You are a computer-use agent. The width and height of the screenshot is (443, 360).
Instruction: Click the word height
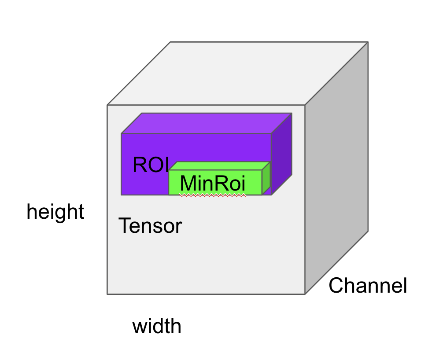[x=55, y=212]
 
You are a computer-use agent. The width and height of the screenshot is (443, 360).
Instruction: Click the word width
[x=157, y=327]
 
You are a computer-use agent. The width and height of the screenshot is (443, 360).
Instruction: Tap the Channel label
[x=368, y=286]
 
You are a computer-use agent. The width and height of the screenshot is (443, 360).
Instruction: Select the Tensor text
[x=150, y=226]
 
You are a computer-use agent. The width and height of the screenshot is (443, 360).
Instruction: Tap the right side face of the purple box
[x=282, y=154]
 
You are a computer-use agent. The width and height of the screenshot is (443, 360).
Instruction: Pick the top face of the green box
[x=219, y=166]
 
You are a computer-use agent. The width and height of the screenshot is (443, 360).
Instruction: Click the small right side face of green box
[x=266, y=178]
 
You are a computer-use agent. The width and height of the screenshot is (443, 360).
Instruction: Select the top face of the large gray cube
[x=238, y=73]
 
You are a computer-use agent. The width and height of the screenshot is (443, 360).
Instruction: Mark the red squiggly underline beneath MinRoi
[x=213, y=196]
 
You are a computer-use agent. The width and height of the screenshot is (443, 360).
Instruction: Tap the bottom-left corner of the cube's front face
[x=107, y=294]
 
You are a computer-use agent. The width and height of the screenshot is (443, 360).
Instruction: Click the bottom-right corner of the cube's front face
[x=305, y=294]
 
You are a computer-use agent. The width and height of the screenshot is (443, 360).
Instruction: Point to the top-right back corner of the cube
[x=367, y=42]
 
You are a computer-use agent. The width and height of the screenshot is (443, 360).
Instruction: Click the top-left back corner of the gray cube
[x=170, y=42]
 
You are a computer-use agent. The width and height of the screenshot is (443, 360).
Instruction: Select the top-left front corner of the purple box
[x=122, y=133]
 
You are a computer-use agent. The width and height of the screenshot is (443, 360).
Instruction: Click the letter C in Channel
[x=335, y=286]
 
